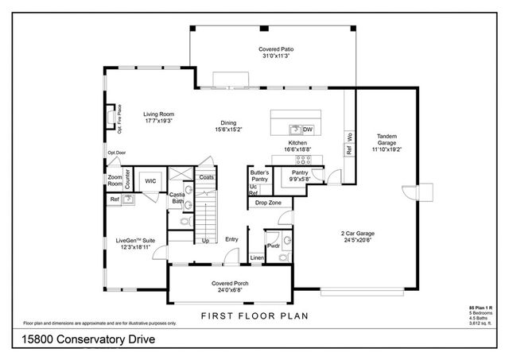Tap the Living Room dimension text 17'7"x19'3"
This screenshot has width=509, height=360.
tap(158, 122)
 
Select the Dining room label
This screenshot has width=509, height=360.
tap(229, 123)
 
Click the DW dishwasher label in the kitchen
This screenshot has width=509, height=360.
tap(308, 129)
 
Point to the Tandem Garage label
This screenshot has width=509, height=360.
tap(387, 136)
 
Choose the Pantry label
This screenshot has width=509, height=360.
tap(300, 172)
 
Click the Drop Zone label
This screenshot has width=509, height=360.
tap(268, 203)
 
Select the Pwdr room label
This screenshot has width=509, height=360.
tap(273, 246)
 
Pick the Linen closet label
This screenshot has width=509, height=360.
tap(256, 258)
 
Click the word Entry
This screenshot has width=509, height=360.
tap(231, 239)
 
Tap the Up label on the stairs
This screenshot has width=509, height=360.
tap(205, 240)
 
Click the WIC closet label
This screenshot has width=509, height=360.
tap(150, 181)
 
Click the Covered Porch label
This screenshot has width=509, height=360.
tap(228, 283)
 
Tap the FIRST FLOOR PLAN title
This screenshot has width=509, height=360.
tap(254, 315)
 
